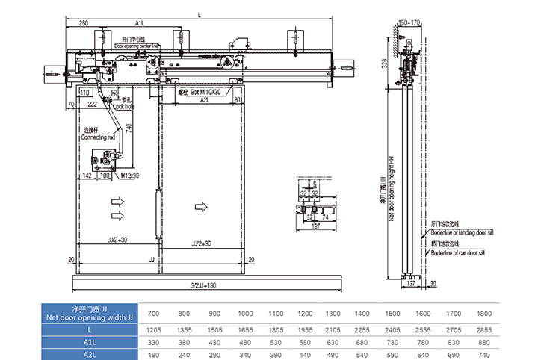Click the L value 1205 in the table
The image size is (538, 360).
[153, 329]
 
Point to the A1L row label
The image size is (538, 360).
[90, 343]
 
